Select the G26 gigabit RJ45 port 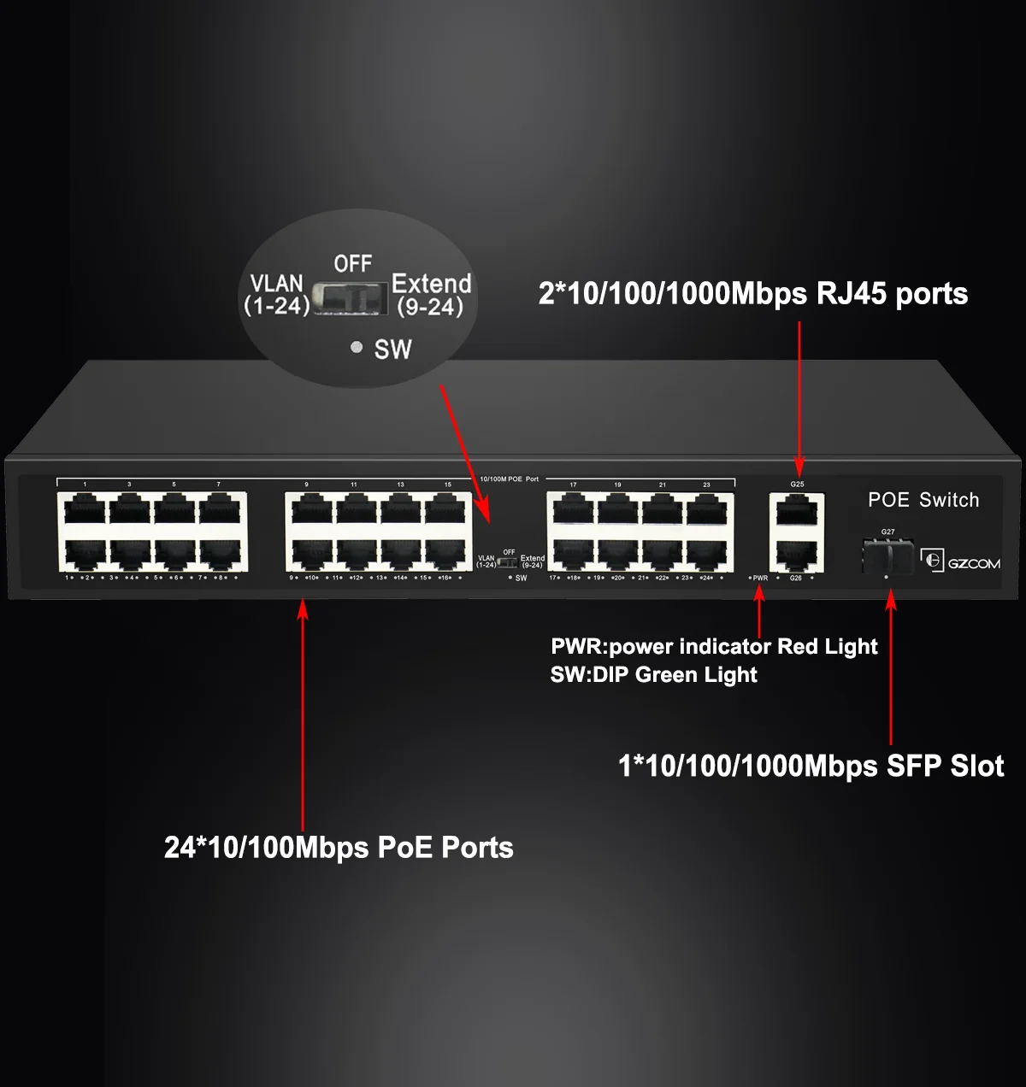(796, 555)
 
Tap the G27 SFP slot (887, 556)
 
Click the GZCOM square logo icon (931, 560)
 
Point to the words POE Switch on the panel (923, 500)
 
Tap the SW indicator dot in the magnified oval (357, 347)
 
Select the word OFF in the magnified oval (353, 264)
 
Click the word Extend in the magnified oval (432, 284)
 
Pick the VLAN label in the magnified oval (276, 284)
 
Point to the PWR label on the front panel (760, 579)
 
